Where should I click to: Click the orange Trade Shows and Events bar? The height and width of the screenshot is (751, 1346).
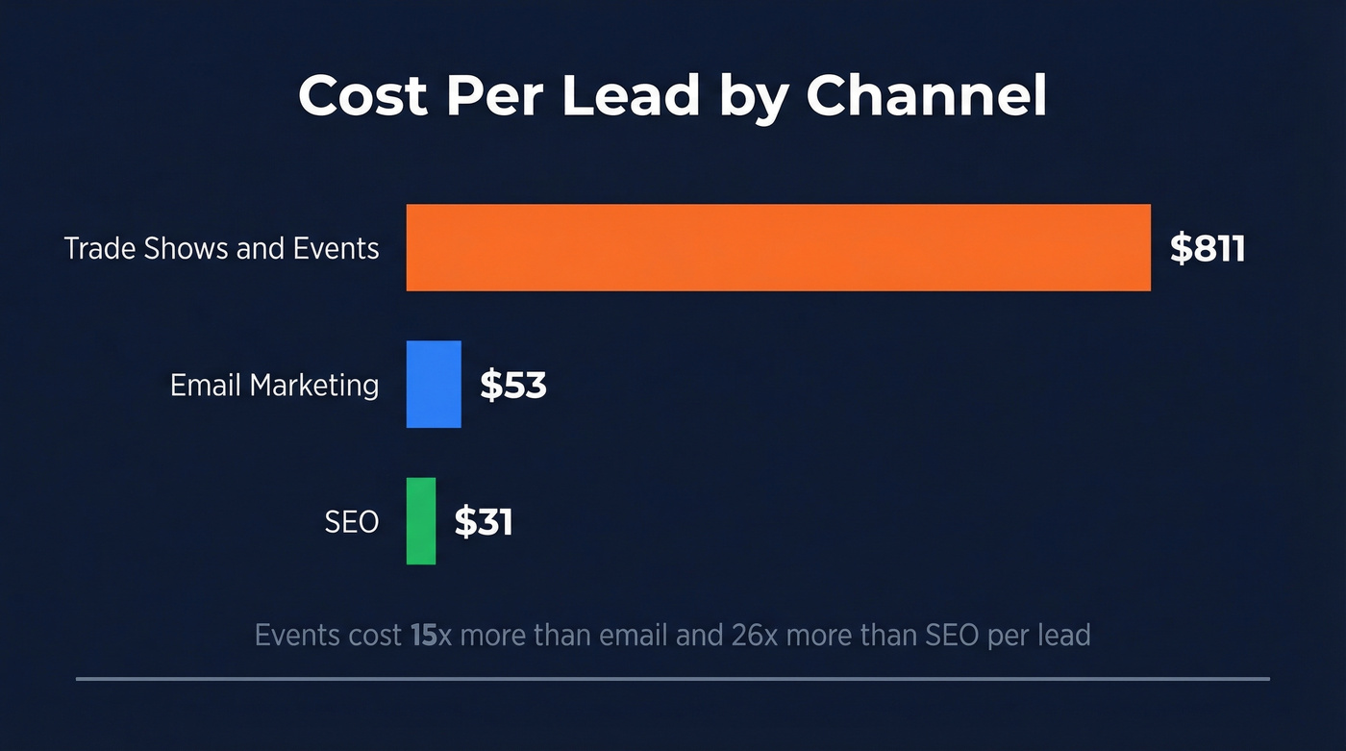778,247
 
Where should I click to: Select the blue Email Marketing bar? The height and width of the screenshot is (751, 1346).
434,384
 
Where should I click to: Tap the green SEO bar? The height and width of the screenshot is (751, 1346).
421,520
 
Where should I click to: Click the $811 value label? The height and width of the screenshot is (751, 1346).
1208,248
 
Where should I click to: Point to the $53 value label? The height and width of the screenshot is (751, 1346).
513,385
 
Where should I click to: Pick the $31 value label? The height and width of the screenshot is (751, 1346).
484,521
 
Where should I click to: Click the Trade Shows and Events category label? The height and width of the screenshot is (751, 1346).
221,248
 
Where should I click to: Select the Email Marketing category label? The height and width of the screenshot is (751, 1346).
274,385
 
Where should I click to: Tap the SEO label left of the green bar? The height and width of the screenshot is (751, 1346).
351,522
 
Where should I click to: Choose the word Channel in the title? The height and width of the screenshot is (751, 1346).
926,95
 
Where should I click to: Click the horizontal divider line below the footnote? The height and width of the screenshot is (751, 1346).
673,679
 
